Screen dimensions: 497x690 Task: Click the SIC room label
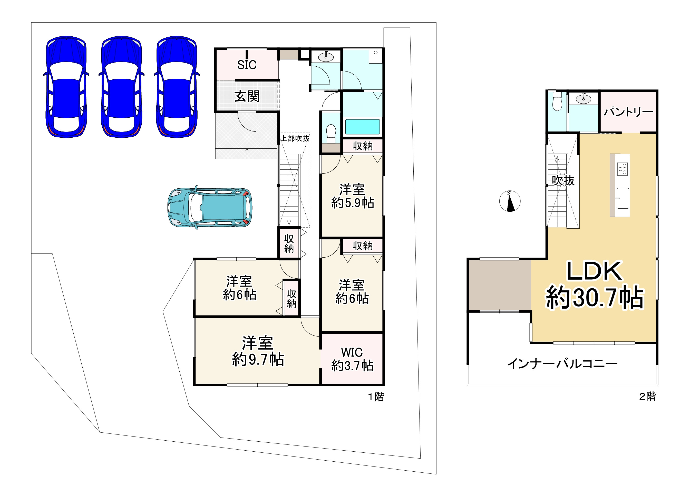pos(247,65)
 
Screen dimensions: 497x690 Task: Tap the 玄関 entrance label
pos(247,96)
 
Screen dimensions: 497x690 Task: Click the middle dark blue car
pos(121,87)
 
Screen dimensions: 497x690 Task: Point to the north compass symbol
pos(510,201)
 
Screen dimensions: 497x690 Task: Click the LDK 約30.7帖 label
pos(595,284)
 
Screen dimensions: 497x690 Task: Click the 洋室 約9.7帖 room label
pos(258,351)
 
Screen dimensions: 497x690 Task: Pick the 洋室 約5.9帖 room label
pos(352,196)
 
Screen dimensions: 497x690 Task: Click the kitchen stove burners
pos(623,169)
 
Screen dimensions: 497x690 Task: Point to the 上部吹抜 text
pos(295,139)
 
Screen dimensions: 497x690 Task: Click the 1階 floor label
pos(376,397)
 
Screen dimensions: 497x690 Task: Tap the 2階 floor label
pos(647,396)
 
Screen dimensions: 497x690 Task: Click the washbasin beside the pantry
pos(584,99)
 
